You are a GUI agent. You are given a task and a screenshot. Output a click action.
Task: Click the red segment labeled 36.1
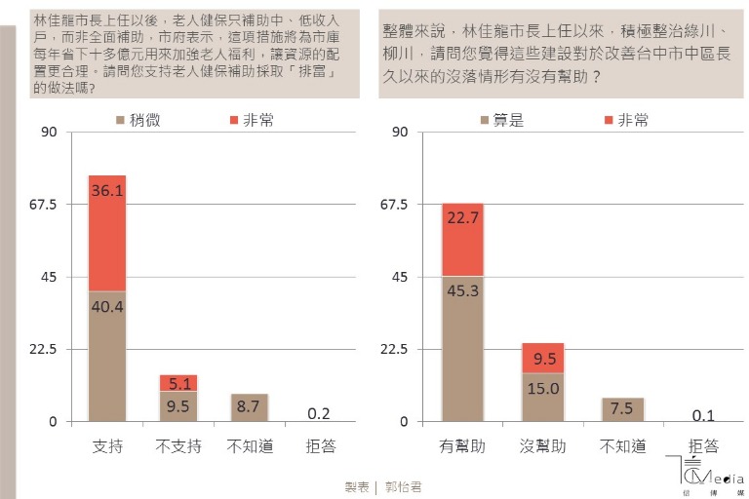pyautogui.click(x=107, y=234)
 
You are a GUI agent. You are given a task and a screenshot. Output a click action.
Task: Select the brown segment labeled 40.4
pyautogui.click(x=107, y=356)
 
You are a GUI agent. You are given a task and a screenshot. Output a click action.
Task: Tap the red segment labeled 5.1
pyautogui.click(x=178, y=382)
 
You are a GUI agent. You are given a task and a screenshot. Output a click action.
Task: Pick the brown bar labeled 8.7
pyautogui.click(x=250, y=407)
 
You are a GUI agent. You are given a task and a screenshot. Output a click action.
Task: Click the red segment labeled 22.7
pyautogui.click(x=462, y=240)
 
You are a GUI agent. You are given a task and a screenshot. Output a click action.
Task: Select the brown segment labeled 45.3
pyautogui.click(x=462, y=349)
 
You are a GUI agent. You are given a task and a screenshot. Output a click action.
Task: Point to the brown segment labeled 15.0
pyautogui.click(x=542, y=398)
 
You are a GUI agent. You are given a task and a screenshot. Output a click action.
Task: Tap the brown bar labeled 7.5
pyautogui.click(x=622, y=409)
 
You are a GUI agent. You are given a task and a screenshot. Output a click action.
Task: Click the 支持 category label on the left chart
pyautogui.click(x=107, y=446)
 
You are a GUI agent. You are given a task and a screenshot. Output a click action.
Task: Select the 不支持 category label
pyautogui.click(x=178, y=446)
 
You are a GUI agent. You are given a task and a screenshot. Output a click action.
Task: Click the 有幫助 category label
pyautogui.click(x=462, y=446)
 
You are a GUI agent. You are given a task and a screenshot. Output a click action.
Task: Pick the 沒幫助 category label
pyautogui.click(x=542, y=446)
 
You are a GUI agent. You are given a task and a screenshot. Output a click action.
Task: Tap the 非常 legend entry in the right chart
pyautogui.click(x=625, y=120)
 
